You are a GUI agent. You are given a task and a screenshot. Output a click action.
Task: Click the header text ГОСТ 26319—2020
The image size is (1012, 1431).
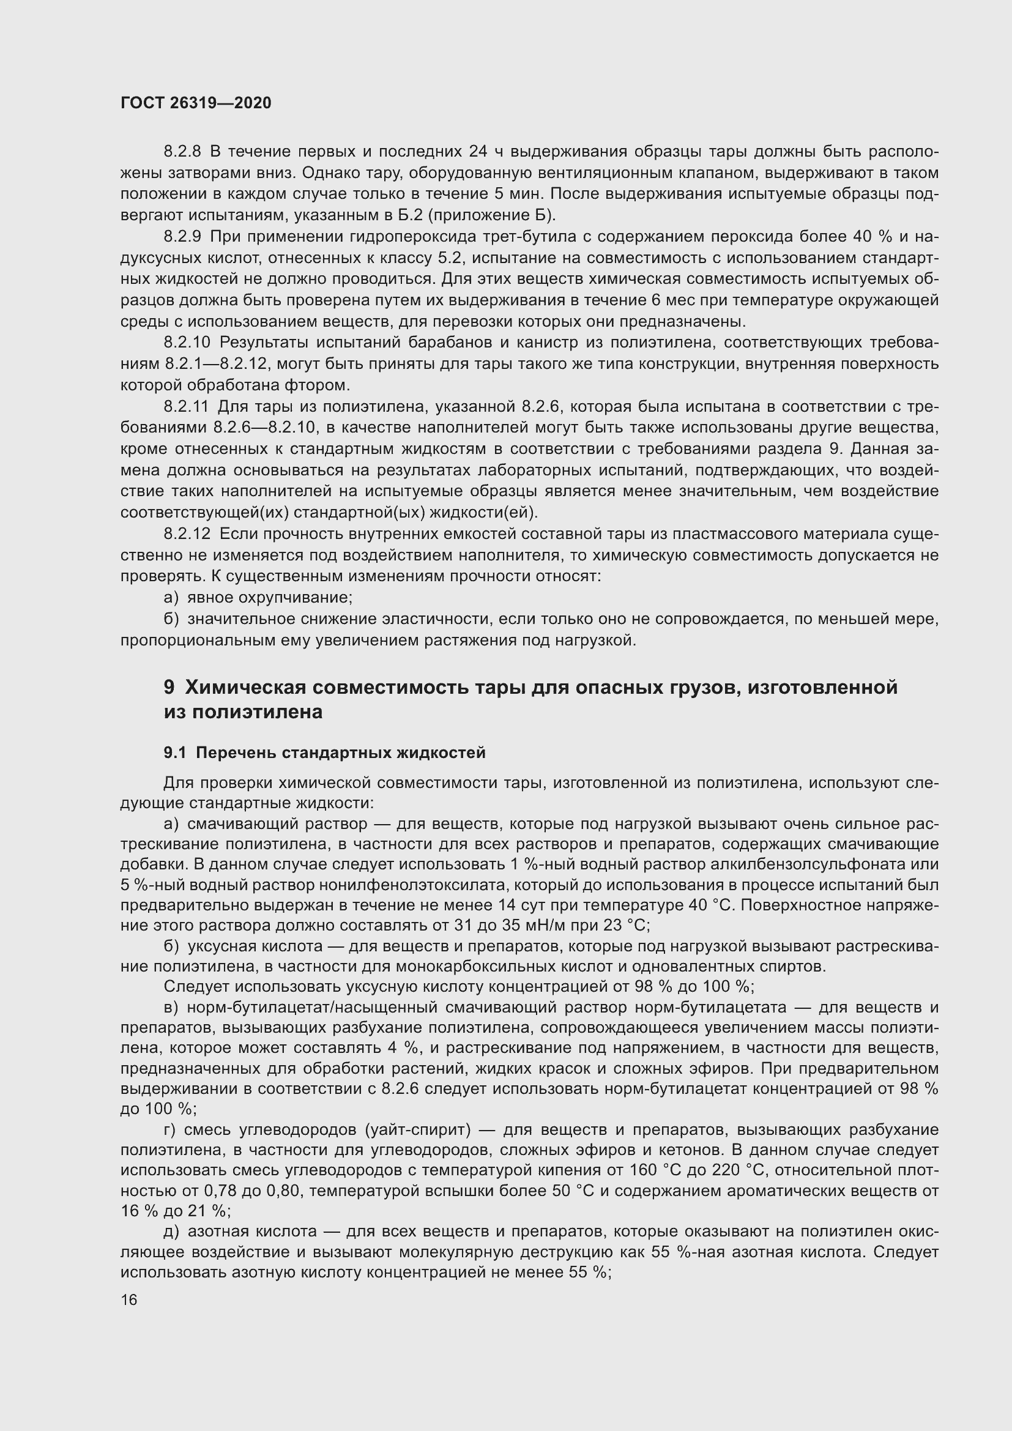click(x=196, y=103)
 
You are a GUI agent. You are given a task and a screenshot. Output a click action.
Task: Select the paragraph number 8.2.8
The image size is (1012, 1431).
click(x=182, y=152)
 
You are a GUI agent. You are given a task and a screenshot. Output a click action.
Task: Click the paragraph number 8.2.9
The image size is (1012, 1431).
click(x=182, y=237)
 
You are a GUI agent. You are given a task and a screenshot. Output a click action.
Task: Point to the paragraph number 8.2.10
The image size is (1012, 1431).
click(x=187, y=342)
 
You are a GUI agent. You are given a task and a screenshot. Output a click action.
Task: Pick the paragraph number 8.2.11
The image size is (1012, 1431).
click(x=187, y=406)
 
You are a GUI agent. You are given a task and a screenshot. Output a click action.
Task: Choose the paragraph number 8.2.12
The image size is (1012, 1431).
click(x=187, y=533)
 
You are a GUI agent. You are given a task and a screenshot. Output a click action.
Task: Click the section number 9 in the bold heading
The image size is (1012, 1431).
click(x=169, y=687)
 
